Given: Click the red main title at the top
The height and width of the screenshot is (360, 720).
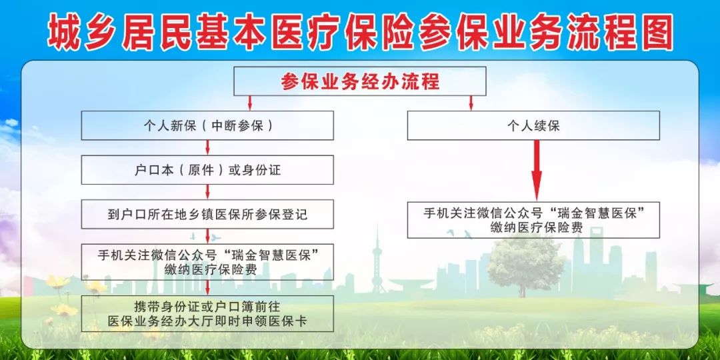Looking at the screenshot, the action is tap(361, 31).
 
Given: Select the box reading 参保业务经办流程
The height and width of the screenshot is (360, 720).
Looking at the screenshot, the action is tap(360, 81).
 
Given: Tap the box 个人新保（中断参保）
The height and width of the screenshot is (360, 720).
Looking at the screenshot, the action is tap(207, 125).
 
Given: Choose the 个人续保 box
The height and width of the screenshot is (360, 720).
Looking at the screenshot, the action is tap(533, 125).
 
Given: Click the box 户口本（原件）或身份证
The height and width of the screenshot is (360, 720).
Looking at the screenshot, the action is tap(207, 170).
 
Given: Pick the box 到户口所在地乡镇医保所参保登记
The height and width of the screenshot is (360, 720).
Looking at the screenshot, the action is tap(207, 214).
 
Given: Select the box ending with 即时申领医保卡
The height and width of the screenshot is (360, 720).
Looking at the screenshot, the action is tap(207, 313).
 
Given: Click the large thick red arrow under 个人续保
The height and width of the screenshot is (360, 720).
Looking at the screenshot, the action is tap(536, 171).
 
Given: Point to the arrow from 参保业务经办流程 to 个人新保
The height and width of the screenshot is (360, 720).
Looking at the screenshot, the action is tap(250, 103).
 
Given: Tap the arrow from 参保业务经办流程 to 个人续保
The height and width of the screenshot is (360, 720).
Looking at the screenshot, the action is tap(471, 103).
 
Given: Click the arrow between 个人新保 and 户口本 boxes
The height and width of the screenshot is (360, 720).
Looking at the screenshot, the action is tap(207, 147).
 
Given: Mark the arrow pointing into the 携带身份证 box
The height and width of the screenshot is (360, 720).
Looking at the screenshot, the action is tap(207, 288).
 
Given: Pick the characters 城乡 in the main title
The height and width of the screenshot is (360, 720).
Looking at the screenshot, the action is tap(79, 31).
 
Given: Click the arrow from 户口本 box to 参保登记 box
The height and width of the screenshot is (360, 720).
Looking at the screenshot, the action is tap(207, 192).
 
